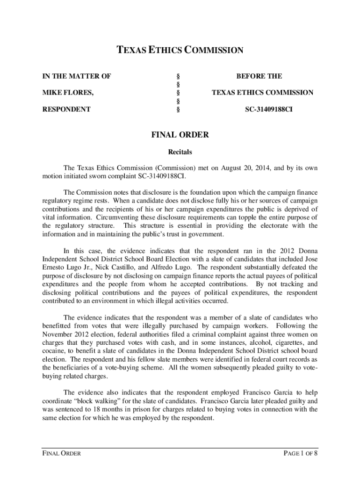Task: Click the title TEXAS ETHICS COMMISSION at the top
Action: point(180,50)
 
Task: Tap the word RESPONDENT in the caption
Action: point(66,109)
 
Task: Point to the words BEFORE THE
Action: point(259,76)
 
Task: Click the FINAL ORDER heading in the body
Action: point(180,135)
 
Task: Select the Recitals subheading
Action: point(180,152)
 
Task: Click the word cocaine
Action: point(53,351)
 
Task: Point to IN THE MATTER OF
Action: point(77,76)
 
